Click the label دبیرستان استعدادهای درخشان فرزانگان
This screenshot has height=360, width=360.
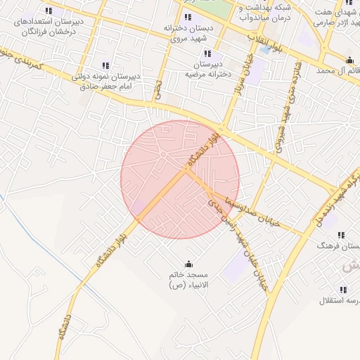[x=47, y=26]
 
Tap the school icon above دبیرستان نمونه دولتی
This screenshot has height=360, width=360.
[x=105, y=65]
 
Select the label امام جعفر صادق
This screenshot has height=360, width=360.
[x=108, y=85]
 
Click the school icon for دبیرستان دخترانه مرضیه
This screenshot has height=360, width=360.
[x=207, y=53]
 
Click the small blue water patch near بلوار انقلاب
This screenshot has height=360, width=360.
[x=264, y=50]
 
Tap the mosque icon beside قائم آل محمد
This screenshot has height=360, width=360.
[x=349, y=60]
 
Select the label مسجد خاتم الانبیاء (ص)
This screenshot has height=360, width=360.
[x=186, y=280]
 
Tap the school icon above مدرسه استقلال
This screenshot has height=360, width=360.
[x=343, y=290]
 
